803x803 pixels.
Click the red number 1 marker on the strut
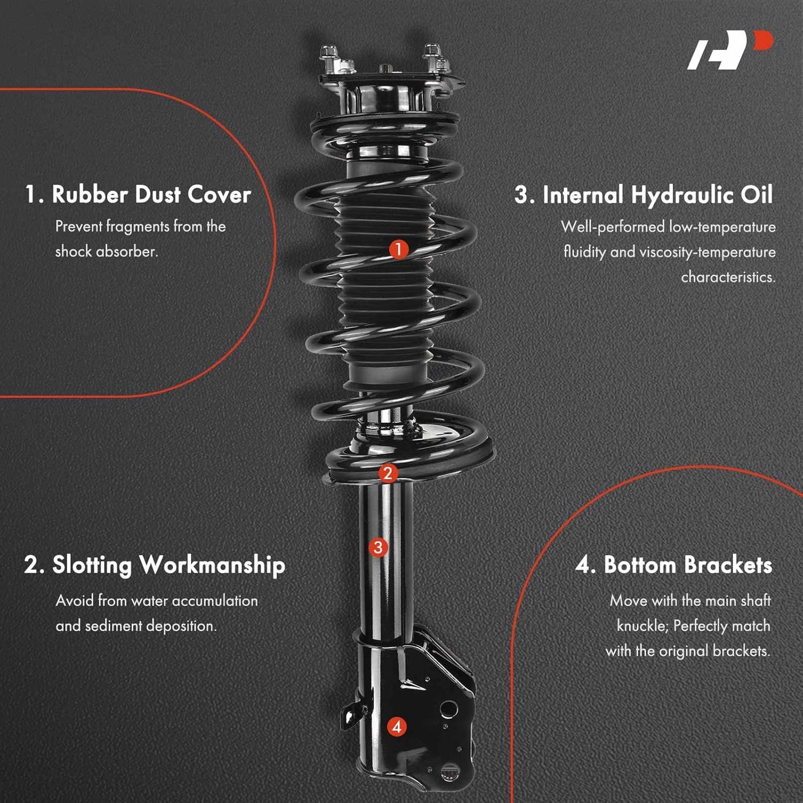click(398, 249)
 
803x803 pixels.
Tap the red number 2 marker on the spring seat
click(388, 473)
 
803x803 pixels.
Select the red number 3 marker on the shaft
click(378, 547)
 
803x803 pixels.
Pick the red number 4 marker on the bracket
click(396, 727)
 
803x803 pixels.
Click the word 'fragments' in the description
click(138, 227)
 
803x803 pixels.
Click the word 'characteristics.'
click(729, 277)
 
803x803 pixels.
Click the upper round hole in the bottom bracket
click(448, 709)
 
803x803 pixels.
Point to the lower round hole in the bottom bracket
click(449, 771)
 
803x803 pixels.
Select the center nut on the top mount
click(384, 68)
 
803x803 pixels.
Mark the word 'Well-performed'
click(612, 227)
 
